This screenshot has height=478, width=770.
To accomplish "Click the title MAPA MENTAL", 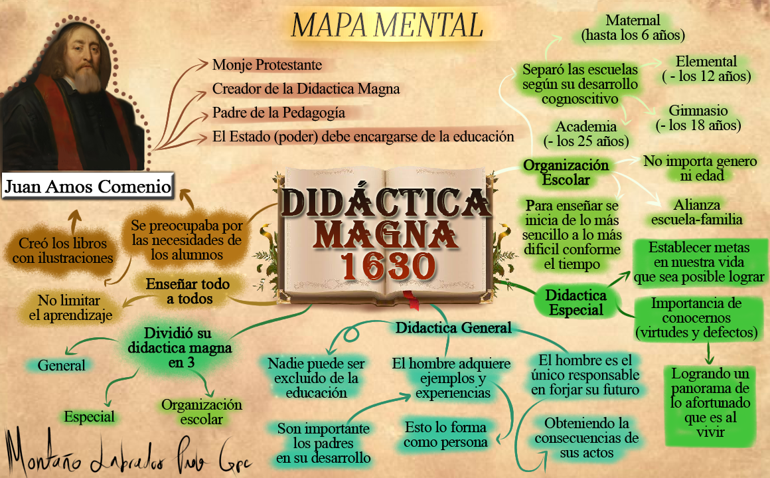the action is coord(387,25).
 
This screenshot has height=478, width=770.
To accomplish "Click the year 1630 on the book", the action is coord(388,266).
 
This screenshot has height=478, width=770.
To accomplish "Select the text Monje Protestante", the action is coord(267,65).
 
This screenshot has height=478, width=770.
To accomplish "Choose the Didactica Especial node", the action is coord(576,302).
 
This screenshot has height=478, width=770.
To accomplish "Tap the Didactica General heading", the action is coord(453,327).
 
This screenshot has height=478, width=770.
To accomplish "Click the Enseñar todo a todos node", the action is coord(189,291).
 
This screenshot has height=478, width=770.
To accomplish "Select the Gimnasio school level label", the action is coord(698,118).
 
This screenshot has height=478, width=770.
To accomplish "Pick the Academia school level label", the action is coord(586,133).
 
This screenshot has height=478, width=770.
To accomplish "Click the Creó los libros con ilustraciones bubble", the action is coord(63,250).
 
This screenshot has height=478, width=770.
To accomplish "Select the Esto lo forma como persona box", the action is coord(446,434).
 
